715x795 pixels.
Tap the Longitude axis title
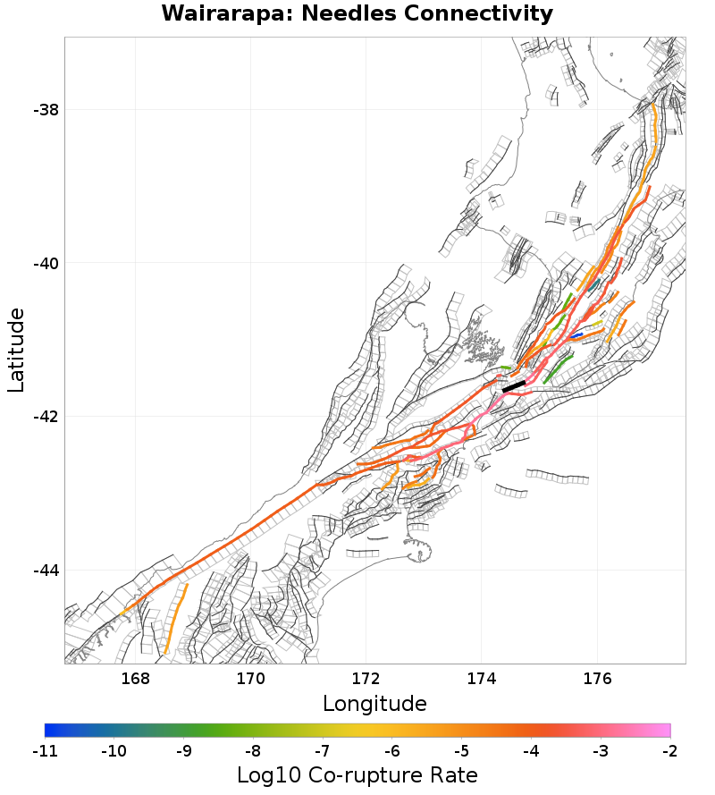tap(374, 703)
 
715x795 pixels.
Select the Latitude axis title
tap(16, 350)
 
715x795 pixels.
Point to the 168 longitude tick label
tap(135, 679)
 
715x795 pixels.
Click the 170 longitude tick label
tap(250, 679)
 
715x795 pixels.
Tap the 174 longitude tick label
tap(481, 679)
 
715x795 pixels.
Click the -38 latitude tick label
tap(46, 110)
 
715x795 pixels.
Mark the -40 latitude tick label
tap(46, 264)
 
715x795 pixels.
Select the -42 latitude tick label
tap(46, 417)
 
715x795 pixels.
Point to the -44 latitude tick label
tap(46, 571)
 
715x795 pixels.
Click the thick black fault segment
tap(514, 386)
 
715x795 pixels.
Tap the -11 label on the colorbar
tap(45, 750)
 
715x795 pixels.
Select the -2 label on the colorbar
tap(669, 750)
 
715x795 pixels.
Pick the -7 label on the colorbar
tap(323, 750)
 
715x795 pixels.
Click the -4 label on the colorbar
tap(531, 750)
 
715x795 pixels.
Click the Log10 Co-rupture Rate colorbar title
tap(357, 774)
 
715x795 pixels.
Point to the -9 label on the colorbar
tap(183, 750)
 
